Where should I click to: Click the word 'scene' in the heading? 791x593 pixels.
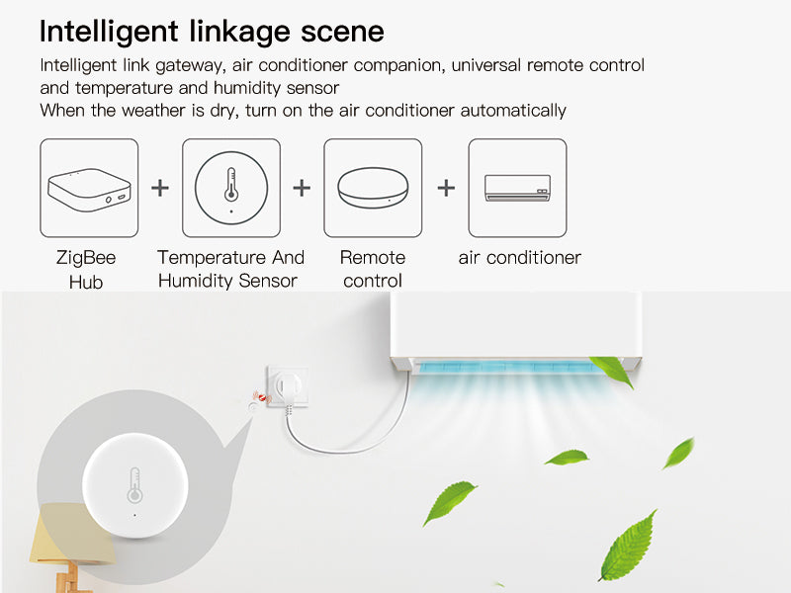(342, 32)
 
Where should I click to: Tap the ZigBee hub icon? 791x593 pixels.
(89, 189)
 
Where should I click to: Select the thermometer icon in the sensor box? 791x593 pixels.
(231, 185)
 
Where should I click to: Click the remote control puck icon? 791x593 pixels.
(373, 188)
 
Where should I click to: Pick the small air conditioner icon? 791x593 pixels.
(517, 188)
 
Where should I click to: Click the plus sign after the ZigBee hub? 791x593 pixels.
(160, 188)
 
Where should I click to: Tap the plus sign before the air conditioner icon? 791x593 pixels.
(446, 188)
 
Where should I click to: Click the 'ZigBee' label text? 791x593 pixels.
(86, 258)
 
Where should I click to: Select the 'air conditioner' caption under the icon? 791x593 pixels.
(520, 258)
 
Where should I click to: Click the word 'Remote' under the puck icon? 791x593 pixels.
(373, 258)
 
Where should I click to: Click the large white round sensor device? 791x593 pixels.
(135, 485)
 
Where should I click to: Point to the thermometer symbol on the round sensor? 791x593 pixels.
(134, 485)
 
